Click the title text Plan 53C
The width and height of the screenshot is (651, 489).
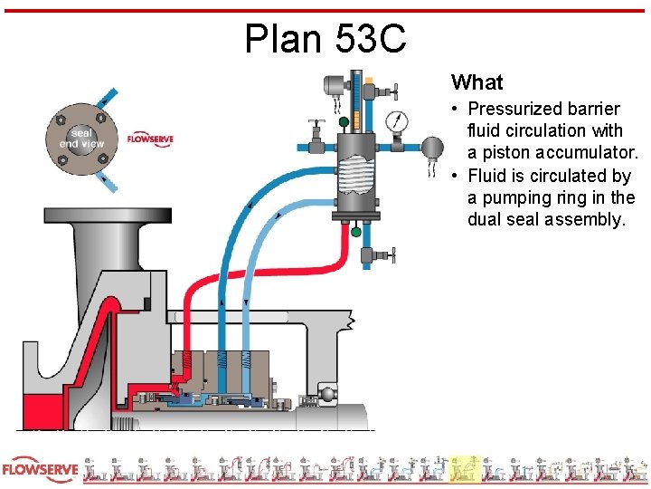pos(325,38)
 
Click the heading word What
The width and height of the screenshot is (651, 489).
pos(476,82)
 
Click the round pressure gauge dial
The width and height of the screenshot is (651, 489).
pos(395,121)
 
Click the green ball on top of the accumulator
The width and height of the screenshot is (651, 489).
pos(344,121)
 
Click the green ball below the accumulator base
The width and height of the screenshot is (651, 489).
pos(355,232)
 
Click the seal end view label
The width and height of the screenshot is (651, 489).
pos(82,139)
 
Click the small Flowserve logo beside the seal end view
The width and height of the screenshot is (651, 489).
pos(150,139)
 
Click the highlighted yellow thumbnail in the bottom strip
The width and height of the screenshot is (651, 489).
pos(465,468)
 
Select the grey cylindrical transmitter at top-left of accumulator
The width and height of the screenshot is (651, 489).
pos(334,87)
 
